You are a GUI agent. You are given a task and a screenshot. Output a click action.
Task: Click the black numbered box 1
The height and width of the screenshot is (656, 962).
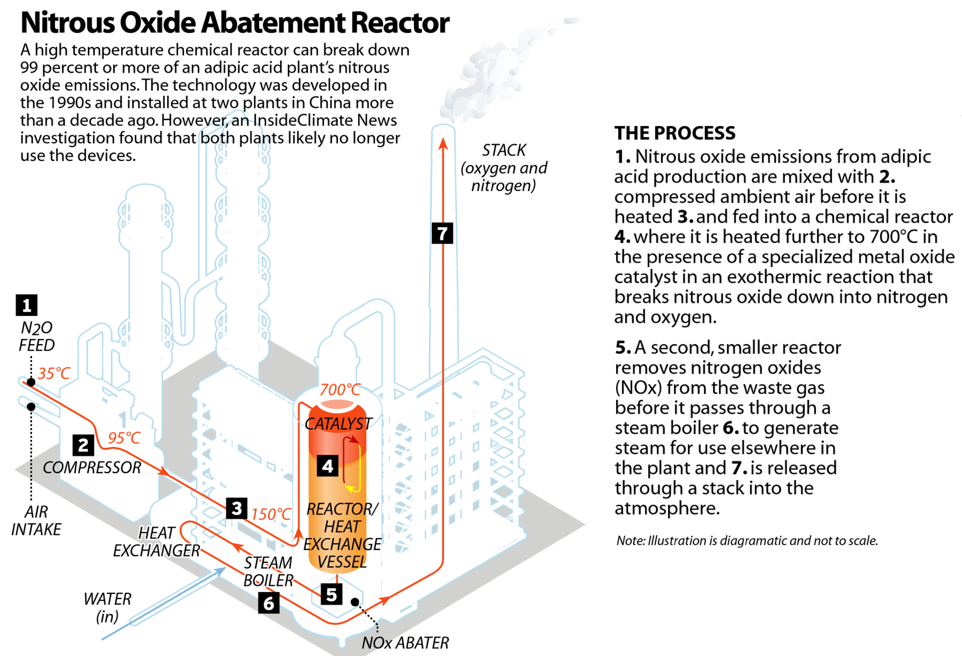coord(27,305)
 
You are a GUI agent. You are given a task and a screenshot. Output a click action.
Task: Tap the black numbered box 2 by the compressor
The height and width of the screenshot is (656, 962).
coord(83,445)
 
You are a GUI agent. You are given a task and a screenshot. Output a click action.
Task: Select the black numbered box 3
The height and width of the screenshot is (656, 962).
coord(237,508)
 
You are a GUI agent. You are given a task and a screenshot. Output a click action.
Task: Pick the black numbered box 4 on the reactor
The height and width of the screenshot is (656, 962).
coord(328,466)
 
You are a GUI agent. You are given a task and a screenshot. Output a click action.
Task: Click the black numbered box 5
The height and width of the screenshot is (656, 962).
coord(331,594)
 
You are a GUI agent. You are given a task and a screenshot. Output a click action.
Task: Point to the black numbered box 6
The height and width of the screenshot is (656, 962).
coord(268,603)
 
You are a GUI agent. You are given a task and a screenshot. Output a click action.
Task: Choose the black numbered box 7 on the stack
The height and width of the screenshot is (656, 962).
coord(442,233)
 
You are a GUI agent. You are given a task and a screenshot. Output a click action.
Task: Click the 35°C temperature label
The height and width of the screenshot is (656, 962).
coord(54,373)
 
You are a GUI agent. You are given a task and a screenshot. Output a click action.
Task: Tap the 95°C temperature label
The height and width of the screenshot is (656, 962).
coord(124,438)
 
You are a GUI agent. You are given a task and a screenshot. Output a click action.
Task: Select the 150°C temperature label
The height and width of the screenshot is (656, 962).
coord(271,514)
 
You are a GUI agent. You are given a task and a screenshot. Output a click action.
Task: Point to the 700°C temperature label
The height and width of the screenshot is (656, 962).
coord(340,389)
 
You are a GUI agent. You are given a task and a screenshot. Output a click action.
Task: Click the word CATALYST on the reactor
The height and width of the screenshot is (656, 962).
coord(338,424)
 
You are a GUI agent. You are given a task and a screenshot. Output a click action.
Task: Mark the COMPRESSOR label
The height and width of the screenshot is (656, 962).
coord(92,468)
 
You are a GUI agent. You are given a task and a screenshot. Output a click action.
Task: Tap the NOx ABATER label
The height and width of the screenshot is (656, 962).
coord(405,643)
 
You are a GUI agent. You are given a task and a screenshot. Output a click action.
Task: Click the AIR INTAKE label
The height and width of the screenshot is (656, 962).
coord(36,520)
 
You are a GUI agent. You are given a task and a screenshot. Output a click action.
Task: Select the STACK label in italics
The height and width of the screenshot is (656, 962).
coord(504,150)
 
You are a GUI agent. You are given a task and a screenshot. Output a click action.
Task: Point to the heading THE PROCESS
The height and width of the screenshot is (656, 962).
coord(675,133)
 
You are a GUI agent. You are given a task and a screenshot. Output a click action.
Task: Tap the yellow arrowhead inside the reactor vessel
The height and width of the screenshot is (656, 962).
coord(350,488)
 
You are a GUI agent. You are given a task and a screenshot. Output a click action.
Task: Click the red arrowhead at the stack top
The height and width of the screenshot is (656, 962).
coord(443,143)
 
